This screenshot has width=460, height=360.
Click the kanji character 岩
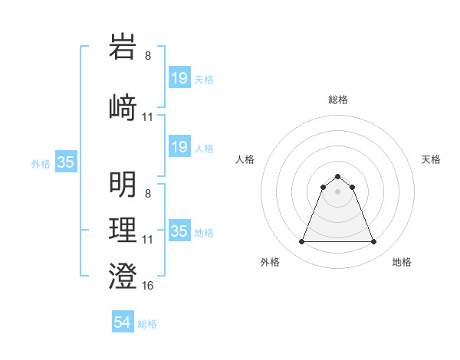[123, 47]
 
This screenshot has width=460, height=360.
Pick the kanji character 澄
[123, 274]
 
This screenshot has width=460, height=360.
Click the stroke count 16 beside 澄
[148, 285]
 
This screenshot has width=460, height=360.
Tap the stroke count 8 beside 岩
[148, 55]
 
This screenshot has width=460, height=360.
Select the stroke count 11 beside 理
[148, 240]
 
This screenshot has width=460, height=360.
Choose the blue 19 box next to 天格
[179, 77]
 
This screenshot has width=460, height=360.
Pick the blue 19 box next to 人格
[179, 146]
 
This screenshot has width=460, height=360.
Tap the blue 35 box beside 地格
[179, 231]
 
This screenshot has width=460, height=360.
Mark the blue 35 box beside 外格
[66, 162]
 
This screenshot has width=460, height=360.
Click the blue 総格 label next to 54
[147, 324]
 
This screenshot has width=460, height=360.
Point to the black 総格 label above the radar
[337, 100]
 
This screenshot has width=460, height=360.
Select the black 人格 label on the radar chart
[245, 159]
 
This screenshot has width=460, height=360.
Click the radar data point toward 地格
[374, 242]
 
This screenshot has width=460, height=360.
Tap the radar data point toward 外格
[301, 242]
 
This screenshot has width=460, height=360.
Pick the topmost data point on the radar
[337, 176]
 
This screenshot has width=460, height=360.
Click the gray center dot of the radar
[337, 191]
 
